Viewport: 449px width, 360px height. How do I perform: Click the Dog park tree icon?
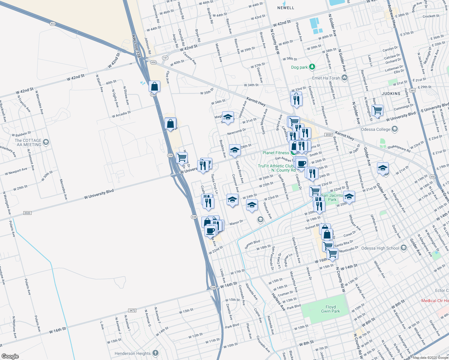click(x=312, y=67)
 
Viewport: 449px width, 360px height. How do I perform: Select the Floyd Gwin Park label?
click(x=330, y=309)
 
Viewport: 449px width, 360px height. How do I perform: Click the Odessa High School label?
click(x=380, y=248)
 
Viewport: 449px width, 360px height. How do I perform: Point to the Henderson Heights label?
click(x=133, y=353)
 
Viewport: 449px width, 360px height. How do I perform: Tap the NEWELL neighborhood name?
click(x=286, y=8)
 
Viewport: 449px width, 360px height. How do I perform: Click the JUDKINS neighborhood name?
click(x=391, y=94)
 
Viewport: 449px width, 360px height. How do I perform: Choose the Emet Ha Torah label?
click(x=326, y=78)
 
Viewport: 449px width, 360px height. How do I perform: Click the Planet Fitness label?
click(x=276, y=153)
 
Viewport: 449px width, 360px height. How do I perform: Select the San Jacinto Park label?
click(x=332, y=197)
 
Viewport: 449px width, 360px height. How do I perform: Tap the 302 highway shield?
click(x=53, y=23)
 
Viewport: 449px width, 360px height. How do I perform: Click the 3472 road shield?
click(x=132, y=310)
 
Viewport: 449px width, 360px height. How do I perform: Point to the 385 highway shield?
click(x=412, y=90)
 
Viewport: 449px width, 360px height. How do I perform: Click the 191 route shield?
click(x=165, y=58)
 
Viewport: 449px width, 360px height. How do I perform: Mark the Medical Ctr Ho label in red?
click(x=435, y=301)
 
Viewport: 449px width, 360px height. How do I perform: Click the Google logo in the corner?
click(x=10, y=356)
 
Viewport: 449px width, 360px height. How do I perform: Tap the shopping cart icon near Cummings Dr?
click(x=377, y=110)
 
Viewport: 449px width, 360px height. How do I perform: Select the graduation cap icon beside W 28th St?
click(x=234, y=150)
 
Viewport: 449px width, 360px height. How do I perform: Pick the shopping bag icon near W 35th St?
click(x=154, y=87)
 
